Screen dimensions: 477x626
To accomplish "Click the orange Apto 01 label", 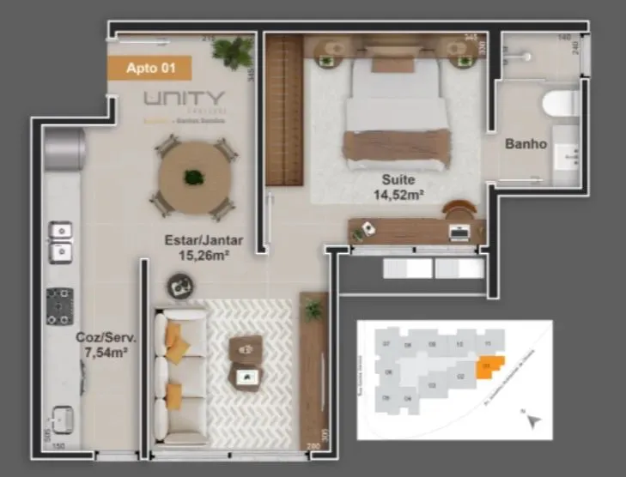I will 149,68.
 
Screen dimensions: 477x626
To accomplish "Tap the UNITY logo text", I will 184,100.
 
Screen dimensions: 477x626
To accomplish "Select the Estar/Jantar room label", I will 203,240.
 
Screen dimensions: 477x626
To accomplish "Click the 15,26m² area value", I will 203,254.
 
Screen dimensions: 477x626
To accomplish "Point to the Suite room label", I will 399,180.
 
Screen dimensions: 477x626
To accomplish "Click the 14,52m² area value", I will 399,195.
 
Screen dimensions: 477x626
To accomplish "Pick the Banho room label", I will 526,144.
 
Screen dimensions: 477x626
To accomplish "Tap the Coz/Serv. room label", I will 100,338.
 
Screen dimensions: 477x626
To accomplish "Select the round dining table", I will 194,178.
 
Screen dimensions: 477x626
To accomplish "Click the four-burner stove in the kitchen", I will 59,306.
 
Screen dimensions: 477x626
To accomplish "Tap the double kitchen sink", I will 59,240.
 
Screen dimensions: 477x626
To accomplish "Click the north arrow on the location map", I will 534,420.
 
